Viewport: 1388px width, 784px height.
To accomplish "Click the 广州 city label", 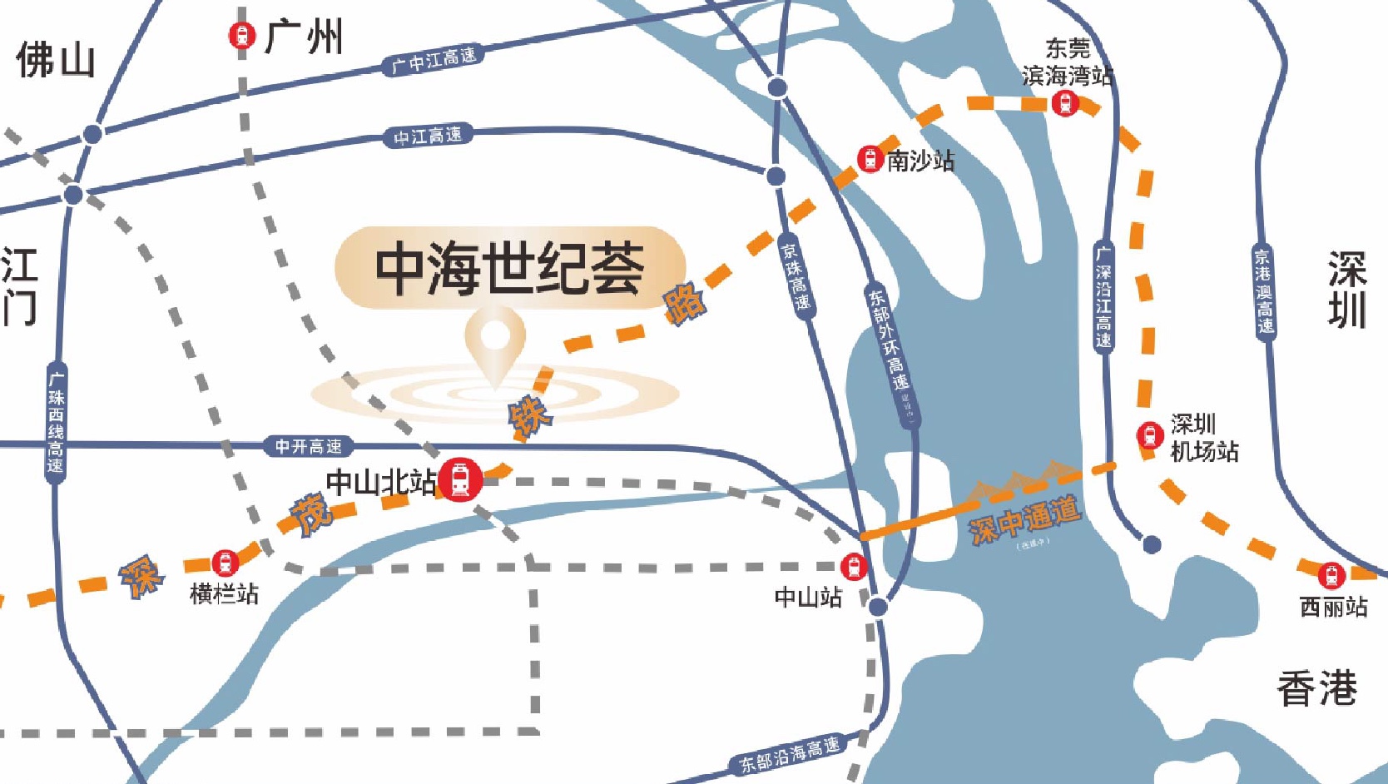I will point(304,37).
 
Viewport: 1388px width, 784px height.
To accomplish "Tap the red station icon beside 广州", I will point(241,36).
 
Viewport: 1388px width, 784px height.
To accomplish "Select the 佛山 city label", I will point(55,61).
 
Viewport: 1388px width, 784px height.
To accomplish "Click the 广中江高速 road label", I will point(433,61).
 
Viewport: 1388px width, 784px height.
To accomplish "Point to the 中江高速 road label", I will point(428,136).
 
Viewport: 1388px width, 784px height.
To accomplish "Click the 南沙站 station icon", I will point(870,159).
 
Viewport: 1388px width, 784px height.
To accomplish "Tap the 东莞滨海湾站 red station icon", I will point(1065,104).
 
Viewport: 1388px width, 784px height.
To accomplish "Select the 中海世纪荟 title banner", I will point(509,268).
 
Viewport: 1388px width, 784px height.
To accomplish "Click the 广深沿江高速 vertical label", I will point(1103,295).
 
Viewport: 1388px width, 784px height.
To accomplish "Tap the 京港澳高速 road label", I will point(1264,291).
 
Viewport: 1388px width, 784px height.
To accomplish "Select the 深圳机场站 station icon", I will point(1149,435).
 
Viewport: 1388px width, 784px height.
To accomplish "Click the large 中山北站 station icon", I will point(460,479).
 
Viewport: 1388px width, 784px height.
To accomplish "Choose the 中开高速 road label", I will point(308,447).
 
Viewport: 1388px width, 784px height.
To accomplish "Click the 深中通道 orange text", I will point(1025,519).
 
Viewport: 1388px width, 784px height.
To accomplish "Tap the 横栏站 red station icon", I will point(224,563).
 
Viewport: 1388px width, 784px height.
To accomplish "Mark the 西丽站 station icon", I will point(1331,575).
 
